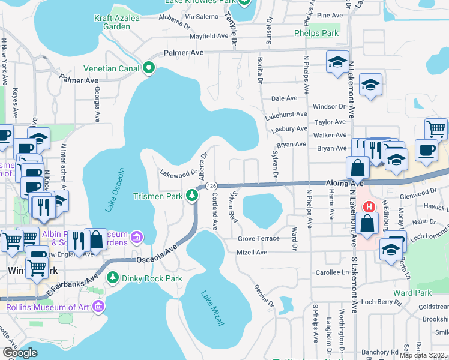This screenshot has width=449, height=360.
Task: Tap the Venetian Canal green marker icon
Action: tap(149, 67)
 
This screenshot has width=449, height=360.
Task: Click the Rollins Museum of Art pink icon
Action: tap(99, 307)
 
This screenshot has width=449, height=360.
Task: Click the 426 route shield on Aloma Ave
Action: tap(212, 187)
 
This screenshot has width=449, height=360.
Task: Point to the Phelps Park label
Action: tap(316, 34)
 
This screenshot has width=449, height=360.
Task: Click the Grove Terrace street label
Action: tap(258, 238)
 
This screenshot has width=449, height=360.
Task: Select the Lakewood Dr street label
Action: tap(178, 173)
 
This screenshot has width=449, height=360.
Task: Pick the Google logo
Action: tap(20, 353)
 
